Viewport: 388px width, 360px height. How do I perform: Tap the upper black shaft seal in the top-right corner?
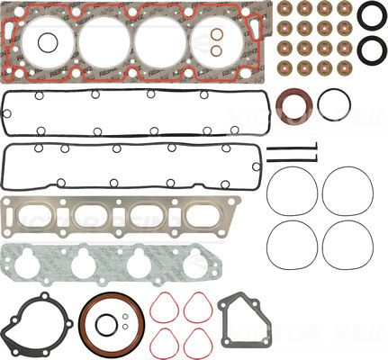click(371, 16)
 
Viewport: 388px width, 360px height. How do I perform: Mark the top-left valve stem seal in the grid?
click(285, 8)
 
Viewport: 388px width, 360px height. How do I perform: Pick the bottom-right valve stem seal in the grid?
click(346, 63)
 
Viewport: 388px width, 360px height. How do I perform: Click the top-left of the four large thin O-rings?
click(293, 188)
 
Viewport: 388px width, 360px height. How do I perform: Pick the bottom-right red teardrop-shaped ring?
click(197, 342)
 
